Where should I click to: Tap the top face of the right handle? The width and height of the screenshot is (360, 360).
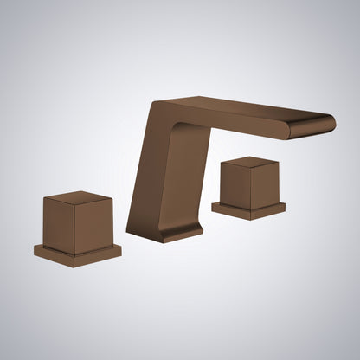tap(250, 163)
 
